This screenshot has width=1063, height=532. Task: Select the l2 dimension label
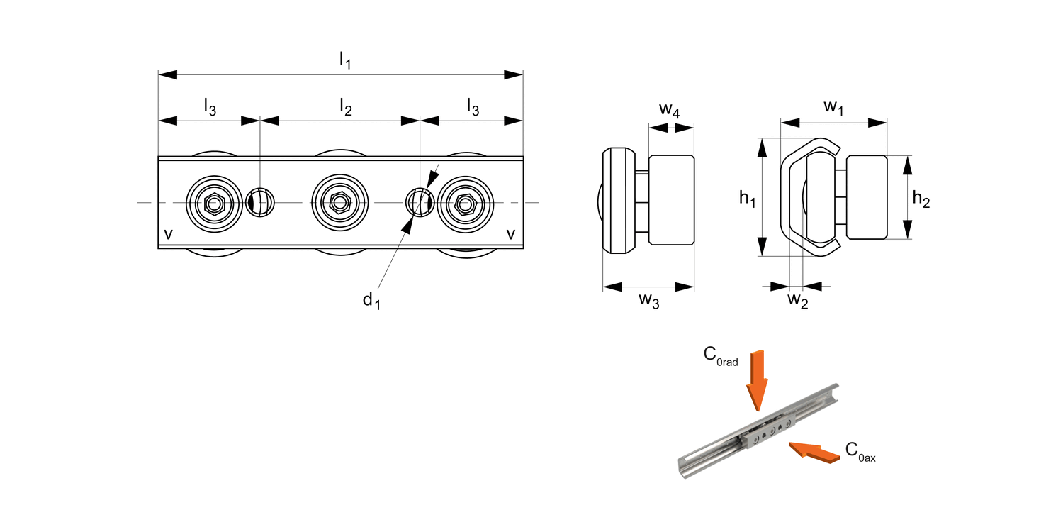point(346,107)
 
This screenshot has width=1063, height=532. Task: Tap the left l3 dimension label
point(210,107)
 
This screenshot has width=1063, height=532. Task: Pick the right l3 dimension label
point(473,107)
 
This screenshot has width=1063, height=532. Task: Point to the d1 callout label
point(371,301)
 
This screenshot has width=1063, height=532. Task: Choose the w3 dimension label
point(648,301)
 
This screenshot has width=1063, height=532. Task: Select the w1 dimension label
point(834,108)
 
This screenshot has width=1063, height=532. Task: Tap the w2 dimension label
point(798,301)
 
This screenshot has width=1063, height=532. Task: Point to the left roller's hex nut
point(213,204)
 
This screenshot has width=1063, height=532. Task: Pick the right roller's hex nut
point(466,204)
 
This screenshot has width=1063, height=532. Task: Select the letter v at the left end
point(168,234)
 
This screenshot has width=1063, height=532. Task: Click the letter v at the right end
point(510,234)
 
